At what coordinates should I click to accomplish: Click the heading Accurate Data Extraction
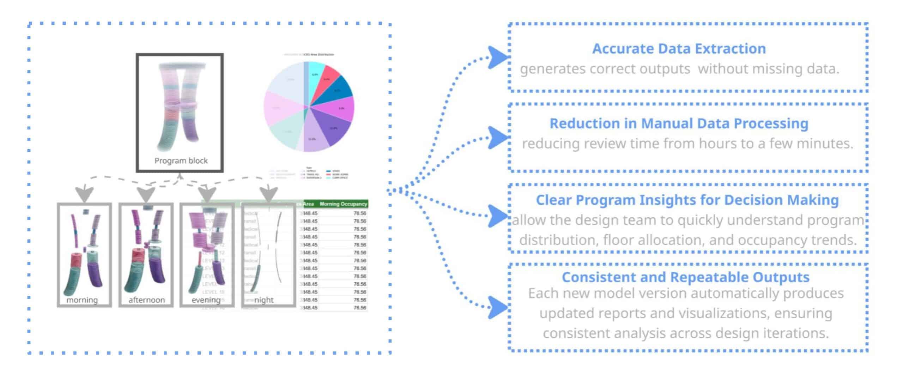point(679,49)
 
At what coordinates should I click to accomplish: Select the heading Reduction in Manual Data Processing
point(679,123)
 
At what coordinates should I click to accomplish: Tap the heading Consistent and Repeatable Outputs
point(685,277)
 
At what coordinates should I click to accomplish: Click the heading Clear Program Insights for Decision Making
point(687,200)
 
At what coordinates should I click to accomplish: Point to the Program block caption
point(181,161)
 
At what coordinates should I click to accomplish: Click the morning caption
point(82,300)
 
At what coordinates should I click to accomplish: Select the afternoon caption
point(146,300)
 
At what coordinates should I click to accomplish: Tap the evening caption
point(206,300)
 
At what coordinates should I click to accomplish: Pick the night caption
point(264,300)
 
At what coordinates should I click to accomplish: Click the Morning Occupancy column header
point(343,204)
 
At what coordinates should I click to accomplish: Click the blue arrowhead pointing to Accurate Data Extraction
point(497,57)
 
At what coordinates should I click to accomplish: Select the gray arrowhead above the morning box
point(85,194)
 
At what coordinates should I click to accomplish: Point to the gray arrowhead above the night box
point(268,194)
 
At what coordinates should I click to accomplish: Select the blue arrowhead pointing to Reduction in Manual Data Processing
point(497,137)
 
